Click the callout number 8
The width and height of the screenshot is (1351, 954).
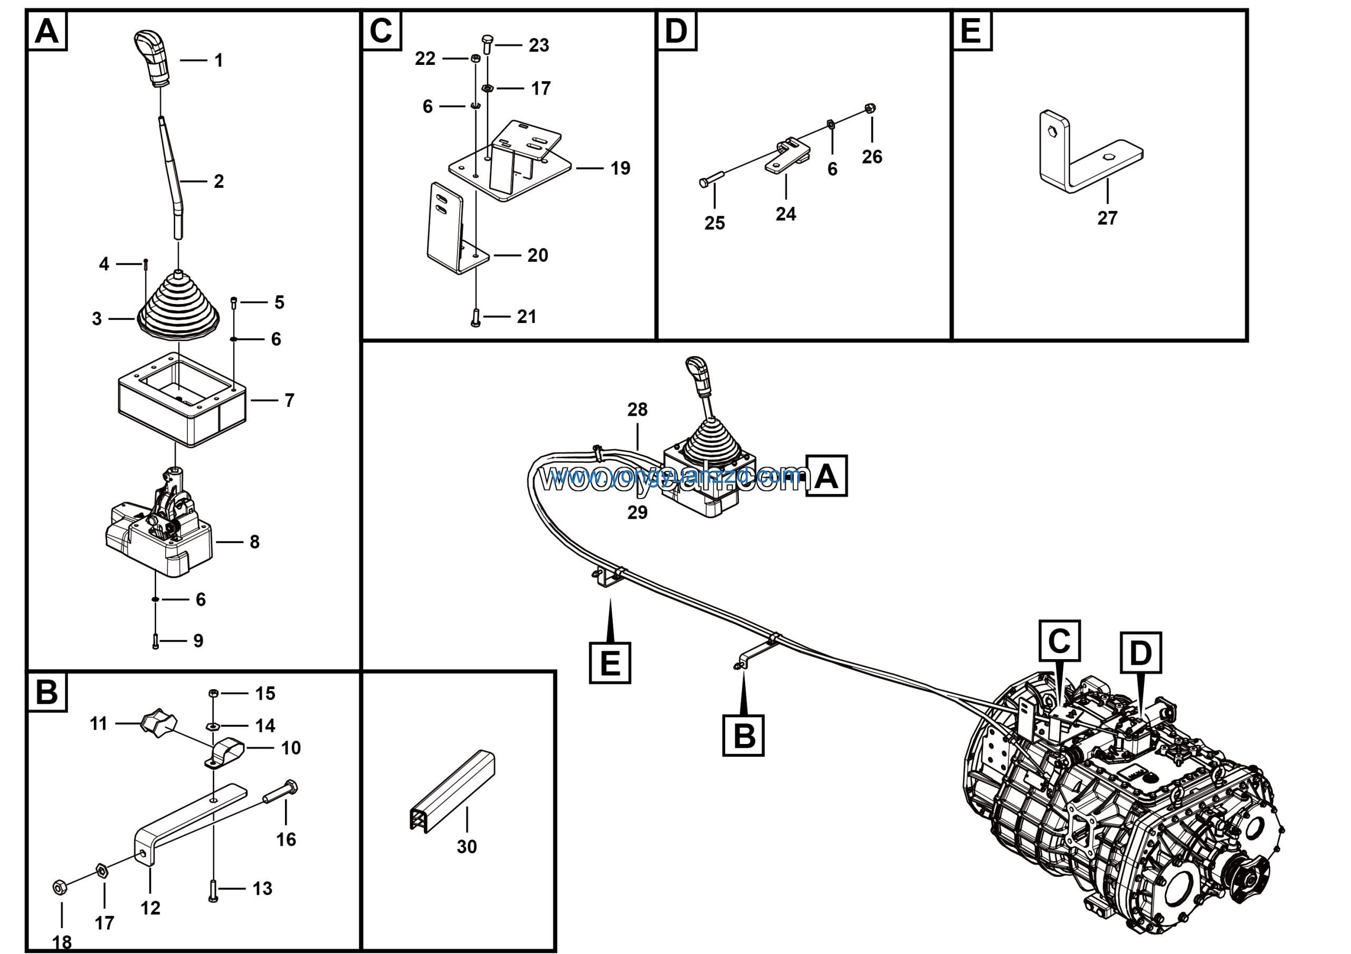click(254, 542)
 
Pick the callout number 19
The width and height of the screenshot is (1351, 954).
click(620, 168)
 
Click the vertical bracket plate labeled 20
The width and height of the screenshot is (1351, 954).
click(447, 230)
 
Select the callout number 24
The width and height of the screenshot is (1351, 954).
click(786, 214)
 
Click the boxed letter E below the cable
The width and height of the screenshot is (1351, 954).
click(610, 663)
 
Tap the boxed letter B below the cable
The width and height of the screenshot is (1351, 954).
click(743, 735)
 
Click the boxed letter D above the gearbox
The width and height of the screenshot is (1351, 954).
click(1140, 652)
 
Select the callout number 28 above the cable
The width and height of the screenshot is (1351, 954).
click(638, 409)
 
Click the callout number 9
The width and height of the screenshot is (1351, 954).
click(198, 641)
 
